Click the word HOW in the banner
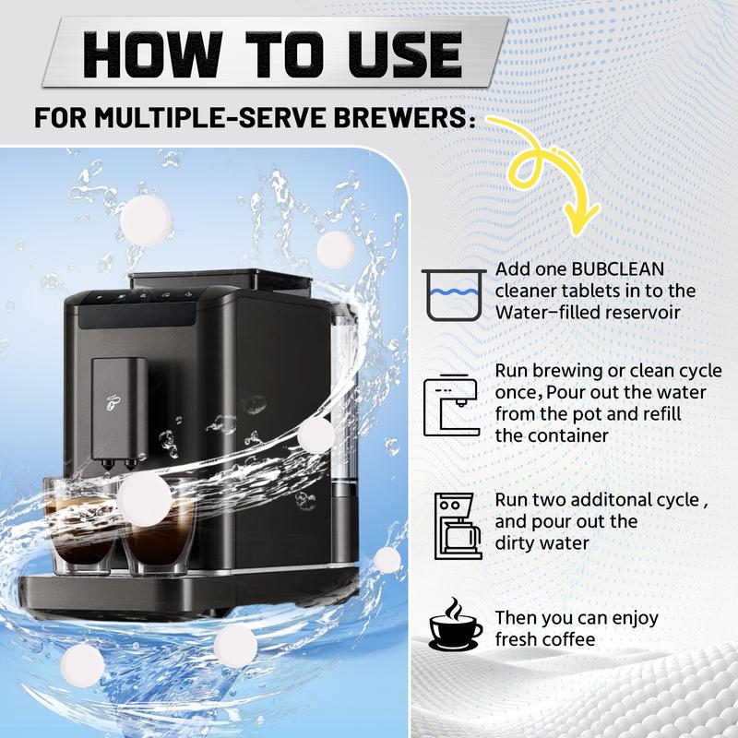coord(151,54)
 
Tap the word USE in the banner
coord(404,54)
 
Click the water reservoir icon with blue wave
coord(454,294)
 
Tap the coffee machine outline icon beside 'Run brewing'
coord(451,405)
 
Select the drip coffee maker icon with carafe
coord(458,526)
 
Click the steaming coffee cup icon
coord(455,625)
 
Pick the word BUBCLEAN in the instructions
coord(617,269)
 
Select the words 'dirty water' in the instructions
coord(542,543)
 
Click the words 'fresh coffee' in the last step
coord(545,639)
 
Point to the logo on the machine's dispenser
coord(113,401)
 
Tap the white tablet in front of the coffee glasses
coord(145,499)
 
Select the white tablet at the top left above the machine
coord(146,220)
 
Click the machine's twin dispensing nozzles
coord(118,465)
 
